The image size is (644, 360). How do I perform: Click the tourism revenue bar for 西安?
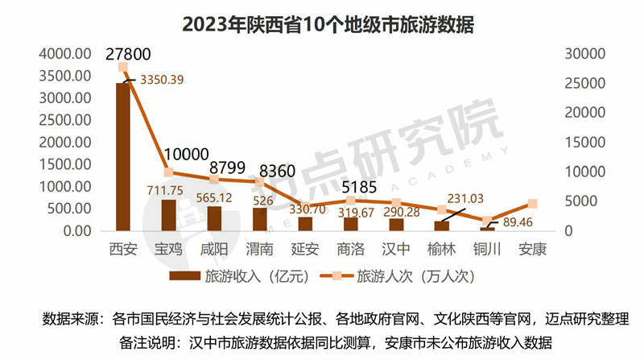pos(123,157)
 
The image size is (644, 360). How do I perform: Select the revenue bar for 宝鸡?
pos(169,215)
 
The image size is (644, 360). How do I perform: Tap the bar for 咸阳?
pos(214,218)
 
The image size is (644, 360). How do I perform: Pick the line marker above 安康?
pos(533,205)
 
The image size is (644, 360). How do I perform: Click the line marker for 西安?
pos(123,67)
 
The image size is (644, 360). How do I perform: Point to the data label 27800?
pos(129,53)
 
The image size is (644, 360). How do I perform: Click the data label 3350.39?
pos(163,80)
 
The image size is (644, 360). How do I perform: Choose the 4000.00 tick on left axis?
pos(65,54)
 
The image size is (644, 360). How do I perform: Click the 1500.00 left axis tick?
pos(65,165)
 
